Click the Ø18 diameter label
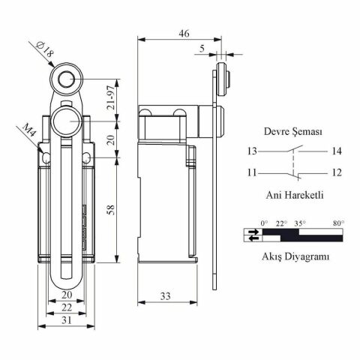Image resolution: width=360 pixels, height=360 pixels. pos(45,49)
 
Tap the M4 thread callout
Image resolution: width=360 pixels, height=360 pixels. pos(29,130)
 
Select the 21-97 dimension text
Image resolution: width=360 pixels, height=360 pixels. pos(111,97)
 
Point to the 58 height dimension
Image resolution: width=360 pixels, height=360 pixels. pos(111,209)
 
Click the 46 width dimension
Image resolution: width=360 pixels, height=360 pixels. pos(184,33)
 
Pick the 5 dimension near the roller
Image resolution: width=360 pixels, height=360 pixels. pos(202,48)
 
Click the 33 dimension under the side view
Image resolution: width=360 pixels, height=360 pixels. pos(166,296)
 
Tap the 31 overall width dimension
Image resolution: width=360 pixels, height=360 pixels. pos(67,320)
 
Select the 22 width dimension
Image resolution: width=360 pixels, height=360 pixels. pos(67,307)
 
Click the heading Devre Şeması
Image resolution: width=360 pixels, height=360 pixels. pos(293,131)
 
